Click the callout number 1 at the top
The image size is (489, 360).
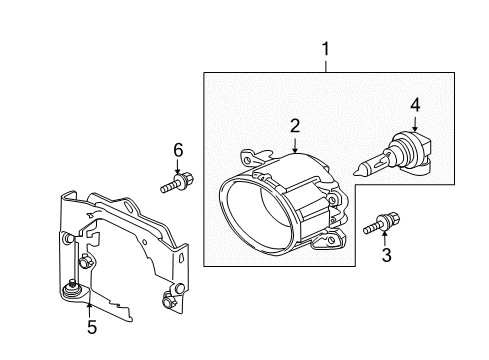click(323, 46)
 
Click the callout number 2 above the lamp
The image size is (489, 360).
click(295, 126)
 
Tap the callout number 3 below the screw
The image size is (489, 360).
click(386, 255)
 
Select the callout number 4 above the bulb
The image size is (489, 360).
click(415, 103)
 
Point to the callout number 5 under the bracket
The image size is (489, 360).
click(91, 326)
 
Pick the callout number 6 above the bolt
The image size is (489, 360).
click(178, 150)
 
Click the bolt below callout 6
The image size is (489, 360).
click(176, 184)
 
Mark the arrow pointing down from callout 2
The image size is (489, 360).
click(295, 146)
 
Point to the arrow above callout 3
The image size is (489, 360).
click(386, 238)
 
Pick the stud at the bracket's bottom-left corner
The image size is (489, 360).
click(72, 291)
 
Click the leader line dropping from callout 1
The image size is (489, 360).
click(323, 64)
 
